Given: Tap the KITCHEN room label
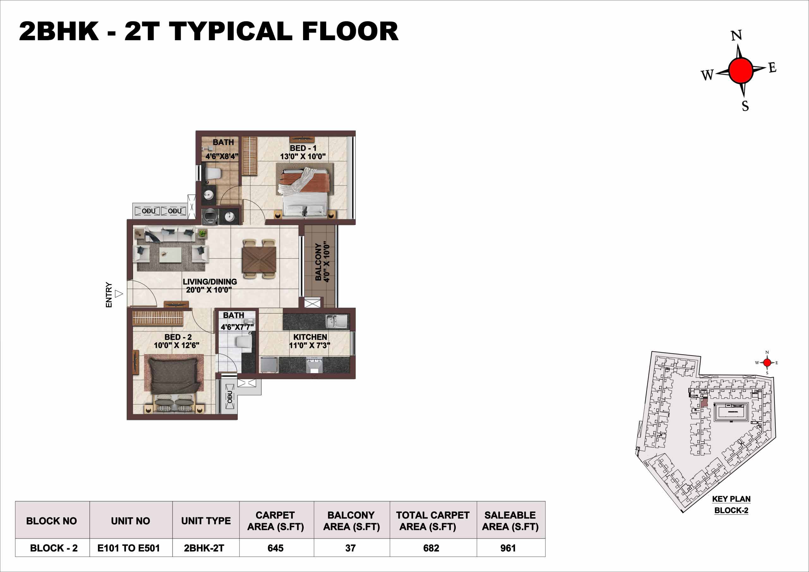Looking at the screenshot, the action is pyautogui.click(x=310, y=337).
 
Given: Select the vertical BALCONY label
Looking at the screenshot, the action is pyautogui.click(x=318, y=262).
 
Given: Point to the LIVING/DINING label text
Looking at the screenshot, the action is pyautogui.click(x=210, y=282).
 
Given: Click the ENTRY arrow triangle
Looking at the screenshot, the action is pyautogui.click(x=119, y=294).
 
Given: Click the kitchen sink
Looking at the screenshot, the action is pyautogui.click(x=337, y=321).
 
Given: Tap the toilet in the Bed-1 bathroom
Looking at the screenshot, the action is pyautogui.click(x=213, y=174).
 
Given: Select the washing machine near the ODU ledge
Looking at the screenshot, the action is pyautogui.click(x=210, y=216).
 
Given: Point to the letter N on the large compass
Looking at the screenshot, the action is pyautogui.click(x=736, y=36).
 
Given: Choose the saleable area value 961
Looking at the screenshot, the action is pyautogui.click(x=508, y=548).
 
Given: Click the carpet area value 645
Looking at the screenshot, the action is pyautogui.click(x=275, y=548).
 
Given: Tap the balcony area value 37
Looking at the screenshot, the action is pyautogui.click(x=350, y=548).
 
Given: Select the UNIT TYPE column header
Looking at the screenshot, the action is pyautogui.click(x=206, y=520).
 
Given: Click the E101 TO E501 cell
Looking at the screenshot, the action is pyautogui.click(x=129, y=548).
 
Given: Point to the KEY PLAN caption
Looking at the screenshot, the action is pyautogui.click(x=731, y=499).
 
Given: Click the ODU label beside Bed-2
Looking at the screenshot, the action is pyautogui.click(x=230, y=397).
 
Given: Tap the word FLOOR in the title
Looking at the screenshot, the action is pyautogui.click(x=350, y=31).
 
